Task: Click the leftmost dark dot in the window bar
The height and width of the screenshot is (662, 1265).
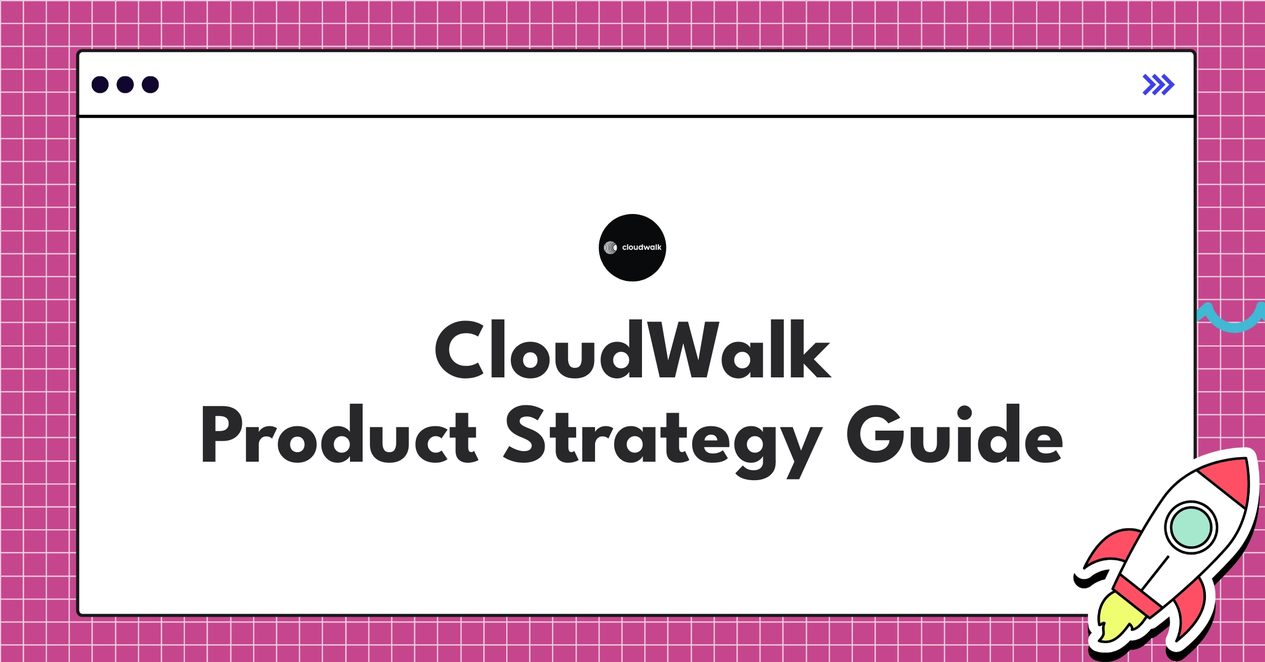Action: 100,85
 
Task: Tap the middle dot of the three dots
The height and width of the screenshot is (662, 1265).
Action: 125,85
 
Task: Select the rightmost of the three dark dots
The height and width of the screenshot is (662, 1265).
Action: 150,85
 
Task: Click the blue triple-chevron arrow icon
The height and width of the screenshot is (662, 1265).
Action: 1158,85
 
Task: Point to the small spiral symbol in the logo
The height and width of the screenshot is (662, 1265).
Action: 610,248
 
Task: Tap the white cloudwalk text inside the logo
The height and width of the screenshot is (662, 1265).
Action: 641,247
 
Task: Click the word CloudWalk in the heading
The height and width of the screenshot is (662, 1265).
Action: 632,350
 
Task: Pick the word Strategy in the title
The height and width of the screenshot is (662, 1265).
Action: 661,437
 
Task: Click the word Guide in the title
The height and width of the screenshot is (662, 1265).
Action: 955,435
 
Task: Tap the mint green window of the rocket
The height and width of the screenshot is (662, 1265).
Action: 1191,527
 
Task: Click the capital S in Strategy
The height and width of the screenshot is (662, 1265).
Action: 525,435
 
